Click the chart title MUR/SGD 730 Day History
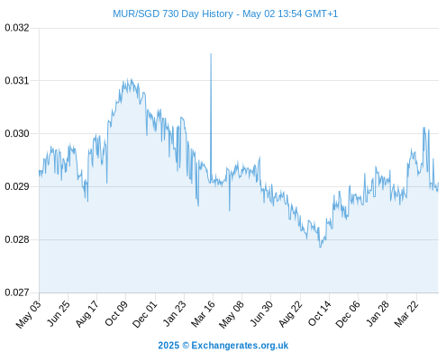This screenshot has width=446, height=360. (x=173, y=13)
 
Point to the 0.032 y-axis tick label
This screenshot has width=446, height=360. (x=17, y=28)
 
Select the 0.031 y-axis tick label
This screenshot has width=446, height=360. (x=17, y=81)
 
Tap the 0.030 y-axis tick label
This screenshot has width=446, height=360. (x=17, y=133)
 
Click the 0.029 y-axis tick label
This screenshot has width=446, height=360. (x=17, y=186)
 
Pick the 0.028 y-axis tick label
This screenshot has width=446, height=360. (x=17, y=239)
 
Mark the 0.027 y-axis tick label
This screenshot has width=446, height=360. (x=17, y=292)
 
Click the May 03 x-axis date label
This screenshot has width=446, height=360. (x=29, y=314)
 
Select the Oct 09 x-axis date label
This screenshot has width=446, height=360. (x=116, y=313)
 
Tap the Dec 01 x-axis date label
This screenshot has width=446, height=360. (x=145, y=314)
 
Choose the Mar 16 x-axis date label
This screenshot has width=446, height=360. (x=204, y=313)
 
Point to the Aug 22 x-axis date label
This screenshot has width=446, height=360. (x=290, y=313)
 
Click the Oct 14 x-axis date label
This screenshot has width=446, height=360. (x=320, y=313)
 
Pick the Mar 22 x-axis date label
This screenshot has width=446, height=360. (x=406, y=313)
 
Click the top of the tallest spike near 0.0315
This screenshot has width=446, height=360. (x=211, y=54)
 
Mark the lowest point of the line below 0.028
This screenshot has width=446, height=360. (x=320, y=247)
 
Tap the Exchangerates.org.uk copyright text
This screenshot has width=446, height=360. (x=223, y=346)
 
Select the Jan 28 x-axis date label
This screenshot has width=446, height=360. (x=378, y=313)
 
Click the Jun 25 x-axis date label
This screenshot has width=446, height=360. (x=59, y=313)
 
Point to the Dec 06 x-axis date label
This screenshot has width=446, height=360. (x=348, y=314)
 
